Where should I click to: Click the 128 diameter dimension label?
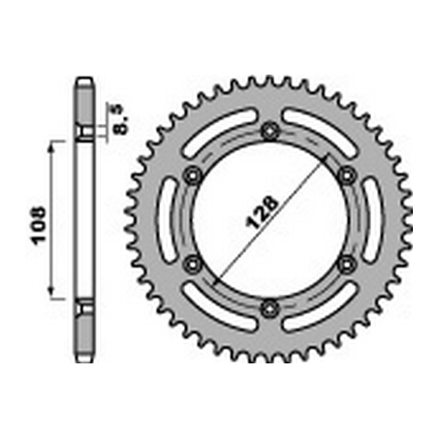(262, 212)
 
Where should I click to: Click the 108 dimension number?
(37, 225)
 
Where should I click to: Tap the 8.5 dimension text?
(121, 119)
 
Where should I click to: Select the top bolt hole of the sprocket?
(269, 131)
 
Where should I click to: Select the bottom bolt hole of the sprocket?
(269, 309)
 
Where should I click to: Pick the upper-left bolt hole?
(193, 175)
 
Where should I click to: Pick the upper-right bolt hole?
(347, 175)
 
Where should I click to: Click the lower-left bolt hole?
(193, 265)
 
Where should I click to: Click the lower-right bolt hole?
(347, 265)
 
